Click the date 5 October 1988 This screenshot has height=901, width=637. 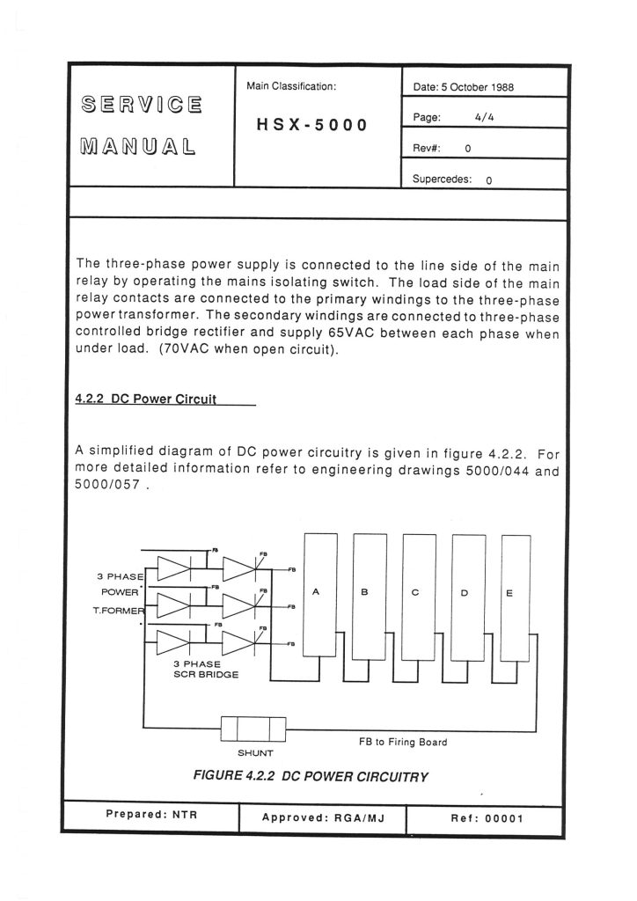[x=463, y=87]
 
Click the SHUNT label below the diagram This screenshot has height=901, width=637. [x=256, y=753]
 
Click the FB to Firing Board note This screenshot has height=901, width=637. [x=402, y=742]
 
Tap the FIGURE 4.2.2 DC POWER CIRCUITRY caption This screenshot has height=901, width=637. [x=310, y=776]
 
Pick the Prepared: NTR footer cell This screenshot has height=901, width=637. [x=151, y=815]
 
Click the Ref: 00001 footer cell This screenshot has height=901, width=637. [x=487, y=817]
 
